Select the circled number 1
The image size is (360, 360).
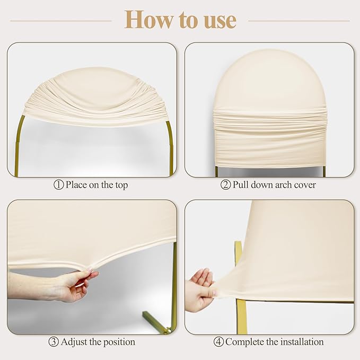58,185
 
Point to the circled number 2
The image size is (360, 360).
225,185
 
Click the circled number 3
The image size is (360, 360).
54,342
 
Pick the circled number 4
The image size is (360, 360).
218,342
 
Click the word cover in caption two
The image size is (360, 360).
305,185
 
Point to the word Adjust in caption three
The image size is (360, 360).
74,342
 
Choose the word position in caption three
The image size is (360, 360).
119,343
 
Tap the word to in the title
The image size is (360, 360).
189,20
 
